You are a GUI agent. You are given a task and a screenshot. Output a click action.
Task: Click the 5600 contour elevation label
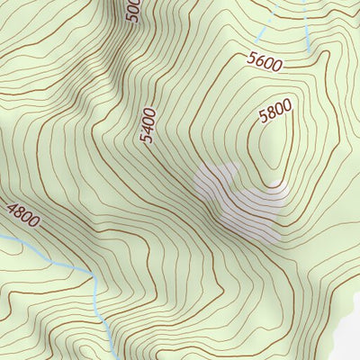(x=265, y=62)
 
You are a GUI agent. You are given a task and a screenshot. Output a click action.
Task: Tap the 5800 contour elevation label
(x=275, y=113)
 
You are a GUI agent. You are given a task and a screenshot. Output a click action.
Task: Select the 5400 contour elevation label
(x=148, y=127)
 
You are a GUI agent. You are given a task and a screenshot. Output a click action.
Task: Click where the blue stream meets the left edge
(x=3, y=237)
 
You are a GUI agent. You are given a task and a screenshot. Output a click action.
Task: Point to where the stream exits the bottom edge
(x=111, y=355)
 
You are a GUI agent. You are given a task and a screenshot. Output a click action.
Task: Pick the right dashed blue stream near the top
(x=306, y=27)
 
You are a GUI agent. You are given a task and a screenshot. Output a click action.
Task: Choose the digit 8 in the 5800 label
(x=271, y=115)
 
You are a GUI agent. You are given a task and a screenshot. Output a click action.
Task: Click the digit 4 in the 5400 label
(x=148, y=131)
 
